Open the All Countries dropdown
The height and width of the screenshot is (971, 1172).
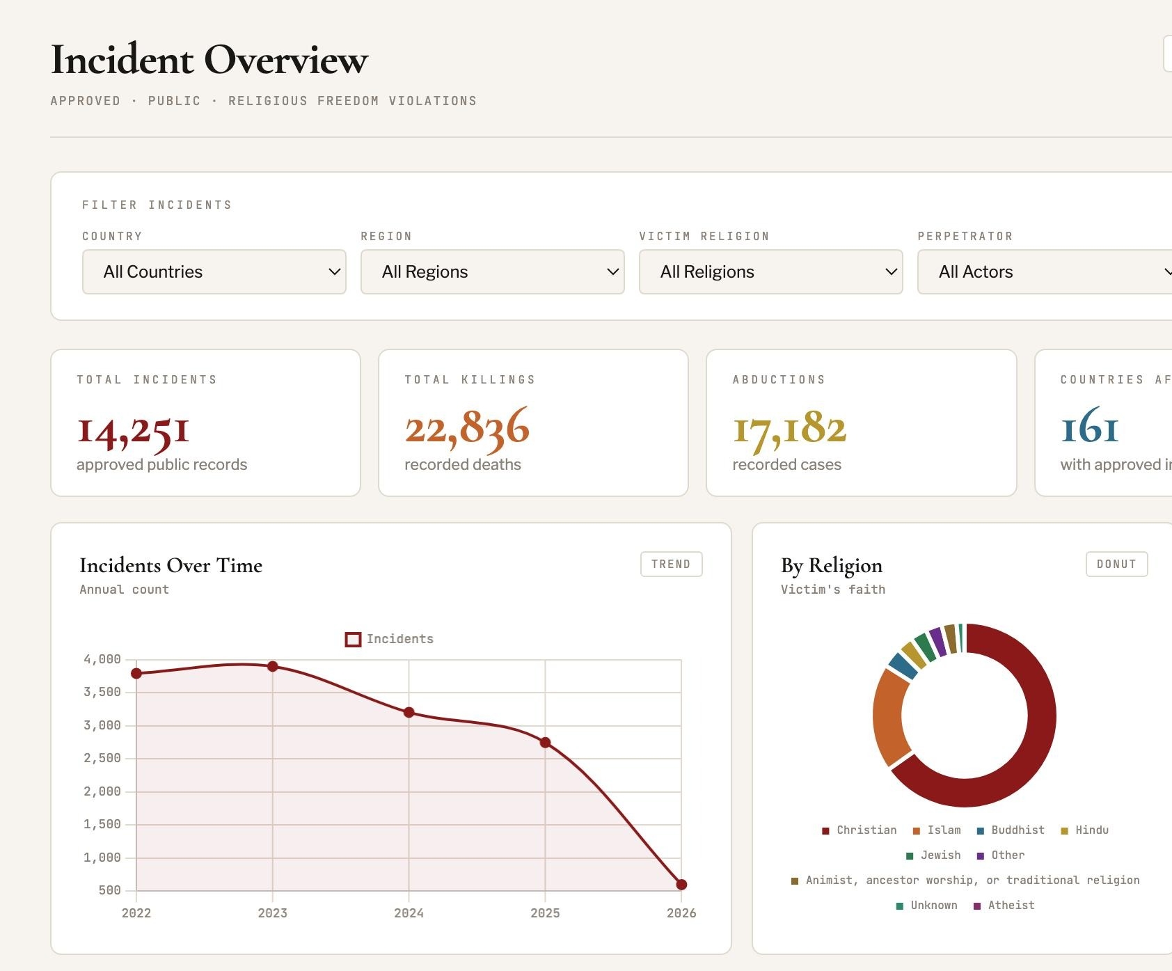pyautogui.click(x=214, y=271)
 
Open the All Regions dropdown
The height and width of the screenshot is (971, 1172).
pyautogui.click(x=493, y=271)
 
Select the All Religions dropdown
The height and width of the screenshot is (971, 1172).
pyautogui.click(x=771, y=271)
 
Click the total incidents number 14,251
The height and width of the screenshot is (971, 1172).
pyautogui.click(x=133, y=429)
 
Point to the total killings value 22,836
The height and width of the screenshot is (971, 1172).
pyautogui.click(x=467, y=427)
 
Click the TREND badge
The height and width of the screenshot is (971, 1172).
pyautogui.click(x=672, y=564)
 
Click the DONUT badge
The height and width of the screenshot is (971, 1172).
pyautogui.click(x=1117, y=564)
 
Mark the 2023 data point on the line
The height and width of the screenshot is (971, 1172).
pyautogui.click(x=273, y=666)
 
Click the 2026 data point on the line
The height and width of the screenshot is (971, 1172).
pyautogui.click(x=681, y=884)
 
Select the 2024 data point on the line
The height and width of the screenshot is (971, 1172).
pyautogui.click(x=409, y=712)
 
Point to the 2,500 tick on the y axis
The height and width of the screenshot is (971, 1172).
pyautogui.click(x=102, y=758)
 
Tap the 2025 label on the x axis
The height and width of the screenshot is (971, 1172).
pyautogui.click(x=545, y=913)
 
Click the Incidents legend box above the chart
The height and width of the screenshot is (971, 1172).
pyautogui.click(x=353, y=639)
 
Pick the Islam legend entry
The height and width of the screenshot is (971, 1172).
pyautogui.click(x=937, y=830)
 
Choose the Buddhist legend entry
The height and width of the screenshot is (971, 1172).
pyautogui.click(x=1011, y=830)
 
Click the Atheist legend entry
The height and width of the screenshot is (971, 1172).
pyautogui.click(x=1004, y=906)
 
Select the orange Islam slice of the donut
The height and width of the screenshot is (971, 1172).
pyautogui.click(x=889, y=717)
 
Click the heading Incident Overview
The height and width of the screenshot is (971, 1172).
pyautogui.click(x=209, y=59)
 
